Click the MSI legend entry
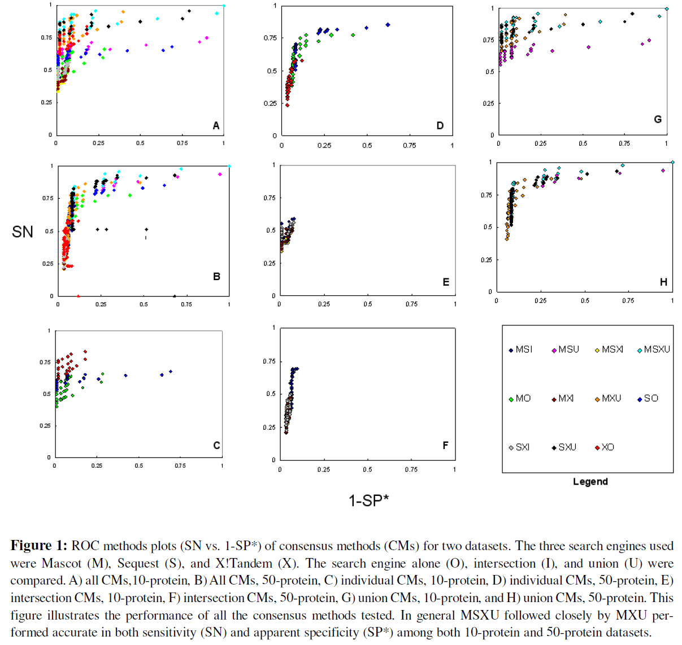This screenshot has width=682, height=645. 520,350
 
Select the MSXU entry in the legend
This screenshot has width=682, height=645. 653,350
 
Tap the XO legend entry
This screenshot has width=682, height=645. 604,447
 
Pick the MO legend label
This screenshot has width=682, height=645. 520,399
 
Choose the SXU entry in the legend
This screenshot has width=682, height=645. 564,447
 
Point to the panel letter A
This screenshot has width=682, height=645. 216,126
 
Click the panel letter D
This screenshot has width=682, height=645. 440,126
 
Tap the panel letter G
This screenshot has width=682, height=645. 658,119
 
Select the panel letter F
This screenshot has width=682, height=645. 445,446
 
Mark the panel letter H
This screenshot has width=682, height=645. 663,282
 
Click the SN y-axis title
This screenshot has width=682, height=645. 23,232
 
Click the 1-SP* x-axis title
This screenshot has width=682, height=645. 368,500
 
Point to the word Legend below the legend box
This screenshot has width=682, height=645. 590,482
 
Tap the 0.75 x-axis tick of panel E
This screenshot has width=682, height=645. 411,304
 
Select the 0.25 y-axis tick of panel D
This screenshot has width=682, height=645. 270,103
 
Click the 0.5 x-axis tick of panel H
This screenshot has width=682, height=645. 585,301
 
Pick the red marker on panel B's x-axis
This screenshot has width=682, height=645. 78,296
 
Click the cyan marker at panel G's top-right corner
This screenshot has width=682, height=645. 667,8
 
